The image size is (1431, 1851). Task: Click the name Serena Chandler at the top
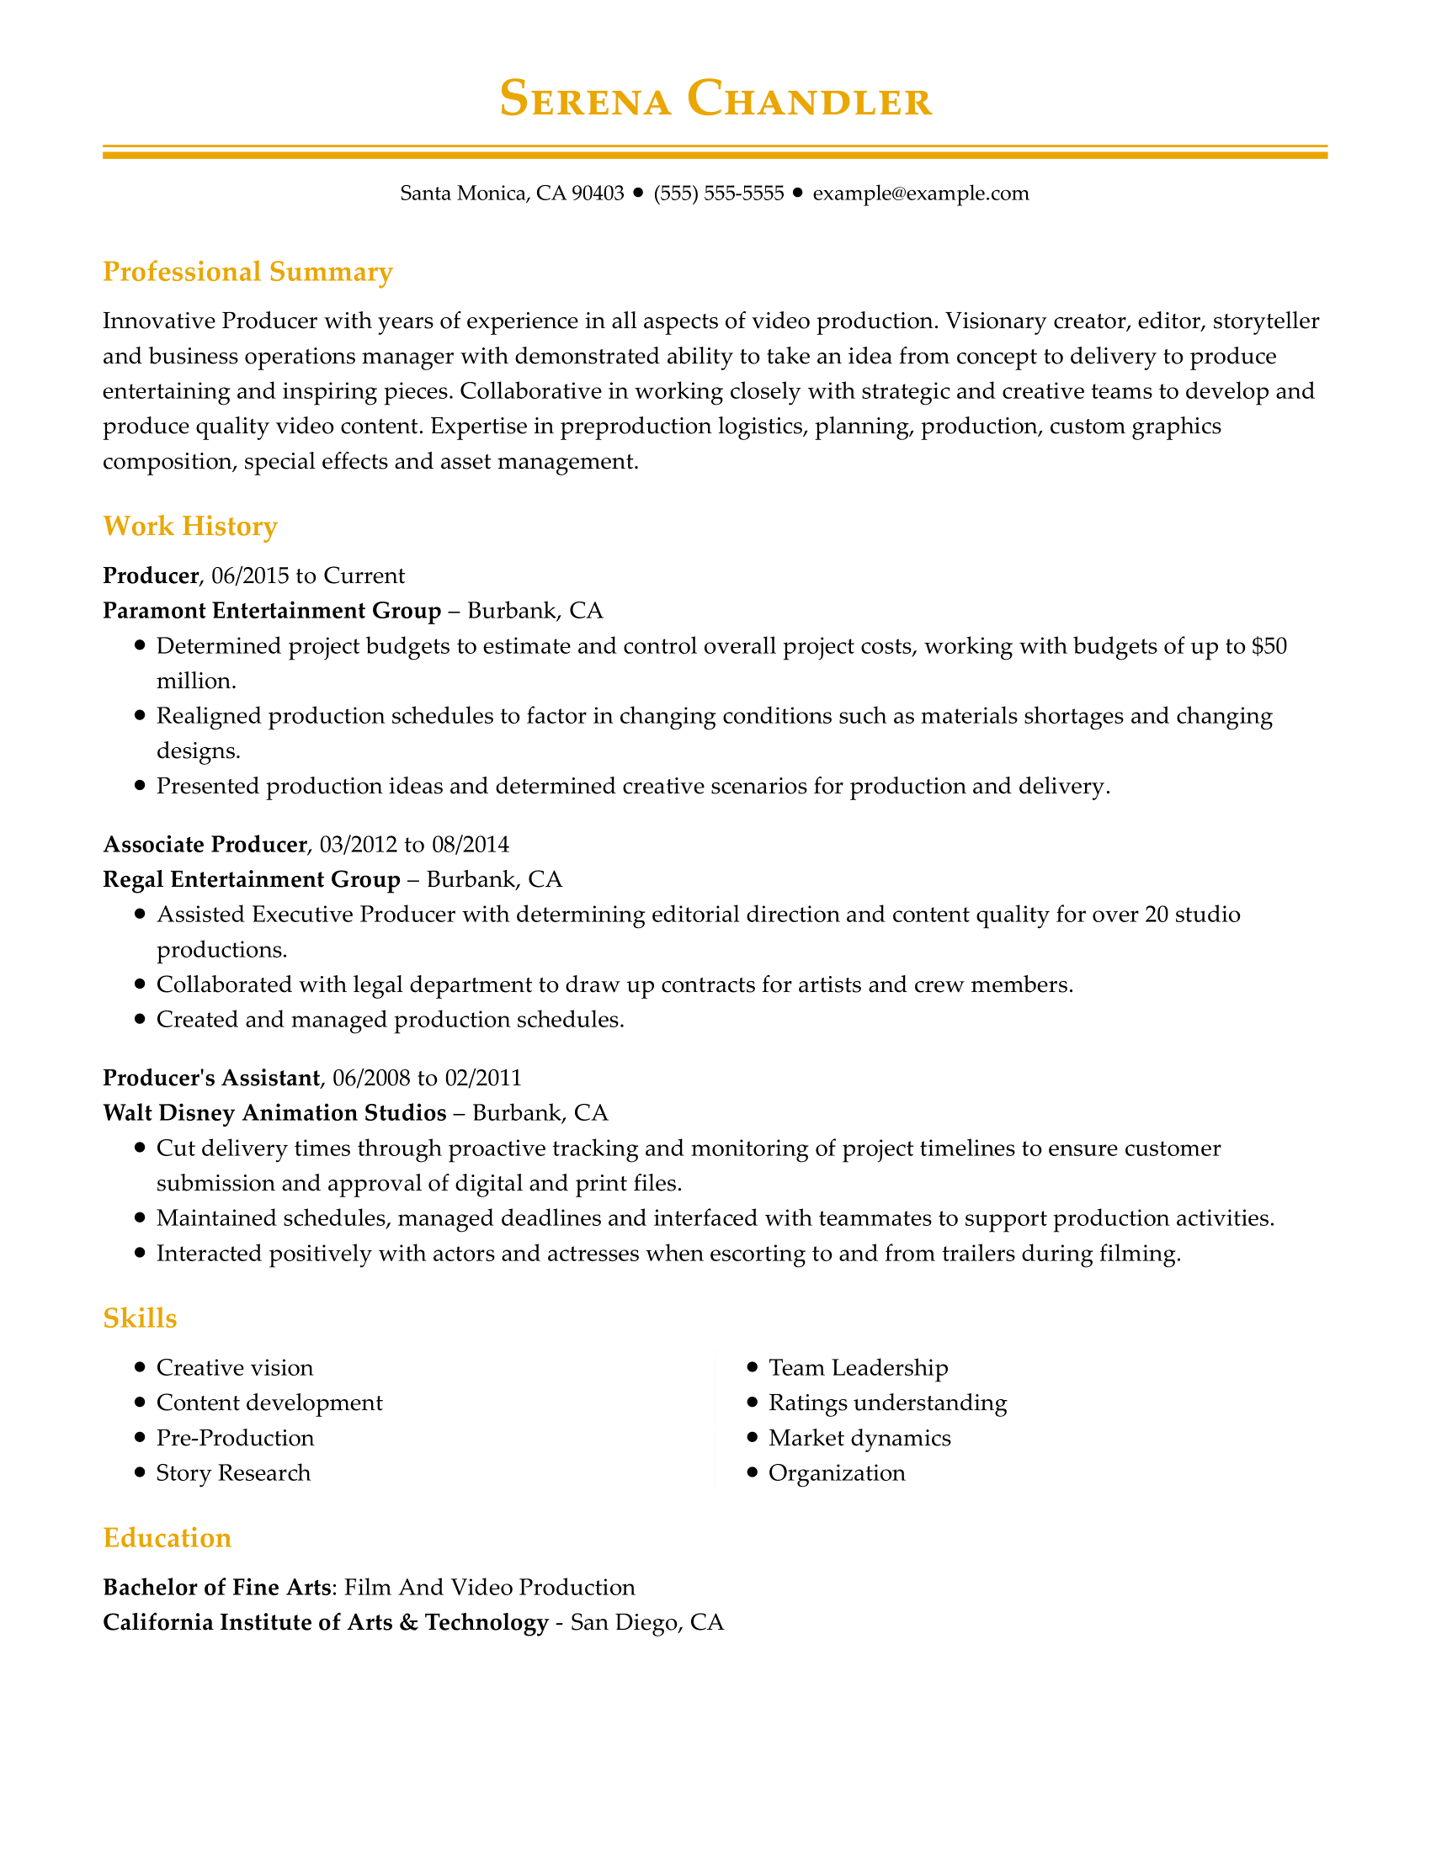(715, 99)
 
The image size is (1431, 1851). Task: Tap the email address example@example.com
(921, 194)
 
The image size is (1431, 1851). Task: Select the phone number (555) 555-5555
(719, 194)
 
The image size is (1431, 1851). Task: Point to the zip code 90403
(598, 194)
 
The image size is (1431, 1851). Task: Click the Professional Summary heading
(247, 272)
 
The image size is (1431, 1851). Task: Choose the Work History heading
(190, 527)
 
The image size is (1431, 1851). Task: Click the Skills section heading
(140, 1318)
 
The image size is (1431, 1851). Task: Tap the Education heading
(167, 1538)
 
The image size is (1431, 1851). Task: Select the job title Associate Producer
(205, 844)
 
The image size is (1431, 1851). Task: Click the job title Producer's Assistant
(211, 1077)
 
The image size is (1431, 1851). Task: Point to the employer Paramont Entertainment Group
(272, 610)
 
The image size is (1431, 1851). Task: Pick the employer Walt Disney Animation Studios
(274, 1112)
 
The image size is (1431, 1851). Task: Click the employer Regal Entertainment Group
(252, 879)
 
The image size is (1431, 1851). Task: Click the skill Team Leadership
(858, 1368)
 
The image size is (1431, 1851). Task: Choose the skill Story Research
(233, 1473)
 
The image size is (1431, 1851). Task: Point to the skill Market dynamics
(859, 1438)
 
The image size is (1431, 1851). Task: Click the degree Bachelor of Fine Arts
(217, 1588)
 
